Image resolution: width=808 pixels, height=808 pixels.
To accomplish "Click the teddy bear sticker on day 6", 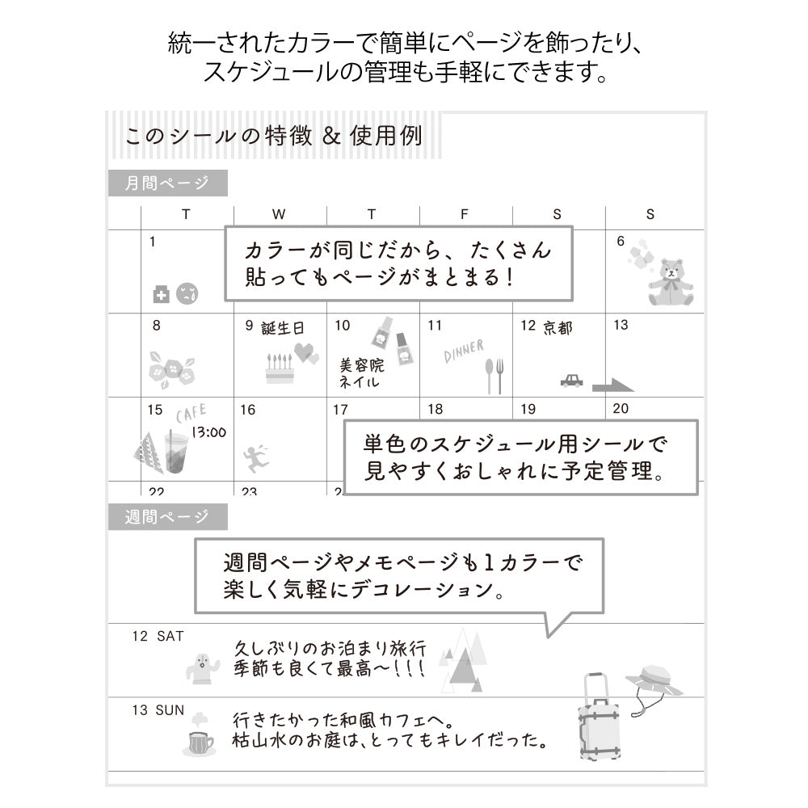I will (670, 281).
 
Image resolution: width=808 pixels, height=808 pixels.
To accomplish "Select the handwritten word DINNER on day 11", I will (464, 351).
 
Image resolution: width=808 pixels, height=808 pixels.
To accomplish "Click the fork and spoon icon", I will (494, 375).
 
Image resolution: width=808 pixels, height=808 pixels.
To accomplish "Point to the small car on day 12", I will (571, 380).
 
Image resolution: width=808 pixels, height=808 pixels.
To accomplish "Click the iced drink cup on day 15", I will (175, 452).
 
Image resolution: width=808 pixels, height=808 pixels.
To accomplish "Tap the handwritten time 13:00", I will (208, 432).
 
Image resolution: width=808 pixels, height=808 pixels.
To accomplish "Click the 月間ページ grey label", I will (167, 183).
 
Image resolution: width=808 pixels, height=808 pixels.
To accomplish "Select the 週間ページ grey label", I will (167, 516).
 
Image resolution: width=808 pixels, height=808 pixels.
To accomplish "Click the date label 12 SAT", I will (158, 637).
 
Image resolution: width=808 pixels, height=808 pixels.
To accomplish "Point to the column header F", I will (464, 215).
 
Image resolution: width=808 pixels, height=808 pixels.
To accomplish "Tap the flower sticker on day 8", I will (171, 368).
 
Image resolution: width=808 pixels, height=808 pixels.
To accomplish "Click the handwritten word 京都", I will (557, 327).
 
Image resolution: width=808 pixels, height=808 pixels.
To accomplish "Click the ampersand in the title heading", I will (328, 135).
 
